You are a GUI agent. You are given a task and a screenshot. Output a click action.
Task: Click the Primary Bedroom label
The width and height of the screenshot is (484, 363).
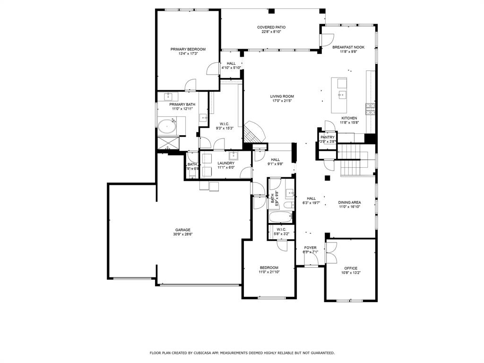pyautogui.click(x=188, y=49)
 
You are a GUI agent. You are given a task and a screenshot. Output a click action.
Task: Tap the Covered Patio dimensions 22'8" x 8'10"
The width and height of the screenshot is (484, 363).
pyautogui.click(x=271, y=32)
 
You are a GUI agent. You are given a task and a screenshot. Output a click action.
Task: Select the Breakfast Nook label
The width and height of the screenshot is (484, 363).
pyautogui.click(x=348, y=47)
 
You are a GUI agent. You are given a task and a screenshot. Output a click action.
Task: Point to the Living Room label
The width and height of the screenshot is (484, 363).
pyautogui.click(x=282, y=96)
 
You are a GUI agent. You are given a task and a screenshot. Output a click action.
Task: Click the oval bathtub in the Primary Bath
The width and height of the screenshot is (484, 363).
pyautogui.click(x=166, y=126)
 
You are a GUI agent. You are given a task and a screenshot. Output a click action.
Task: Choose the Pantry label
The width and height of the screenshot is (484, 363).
pyautogui.click(x=327, y=137)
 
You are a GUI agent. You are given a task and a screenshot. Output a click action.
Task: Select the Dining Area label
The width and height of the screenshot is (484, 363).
pyautogui.click(x=349, y=202)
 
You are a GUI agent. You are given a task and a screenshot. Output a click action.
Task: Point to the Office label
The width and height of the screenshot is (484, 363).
pyautogui.click(x=351, y=268)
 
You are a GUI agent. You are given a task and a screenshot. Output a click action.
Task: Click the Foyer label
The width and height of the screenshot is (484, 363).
pyautogui.click(x=310, y=248)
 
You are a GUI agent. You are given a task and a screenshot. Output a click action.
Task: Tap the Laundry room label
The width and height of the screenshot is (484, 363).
pyautogui.click(x=226, y=163)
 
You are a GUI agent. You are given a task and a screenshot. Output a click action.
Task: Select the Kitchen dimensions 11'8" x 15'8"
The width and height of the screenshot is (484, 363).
pyautogui.click(x=349, y=123)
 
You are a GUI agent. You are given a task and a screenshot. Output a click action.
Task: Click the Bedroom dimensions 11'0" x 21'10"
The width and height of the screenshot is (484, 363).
pyautogui.click(x=268, y=272)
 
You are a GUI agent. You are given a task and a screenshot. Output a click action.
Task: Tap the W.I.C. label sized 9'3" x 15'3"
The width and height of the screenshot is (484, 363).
pyautogui.click(x=225, y=128)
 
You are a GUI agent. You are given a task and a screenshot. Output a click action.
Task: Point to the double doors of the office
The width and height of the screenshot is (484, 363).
pyautogui.click(x=331, y=253)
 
